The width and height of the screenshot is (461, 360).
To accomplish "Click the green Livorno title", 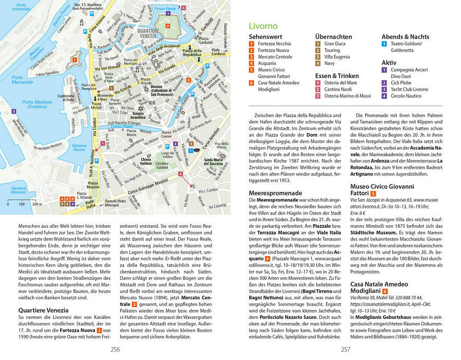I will (263, 26).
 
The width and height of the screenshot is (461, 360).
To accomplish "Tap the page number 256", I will (116, 349).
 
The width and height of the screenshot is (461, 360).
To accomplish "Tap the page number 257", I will (345, 349).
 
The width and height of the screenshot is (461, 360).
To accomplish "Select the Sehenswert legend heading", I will (265, 37).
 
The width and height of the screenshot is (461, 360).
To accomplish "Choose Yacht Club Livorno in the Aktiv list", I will (409, 89).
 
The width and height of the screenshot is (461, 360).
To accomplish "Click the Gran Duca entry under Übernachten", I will (335, 44).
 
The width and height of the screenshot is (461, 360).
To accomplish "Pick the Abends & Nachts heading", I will (405, 37).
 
